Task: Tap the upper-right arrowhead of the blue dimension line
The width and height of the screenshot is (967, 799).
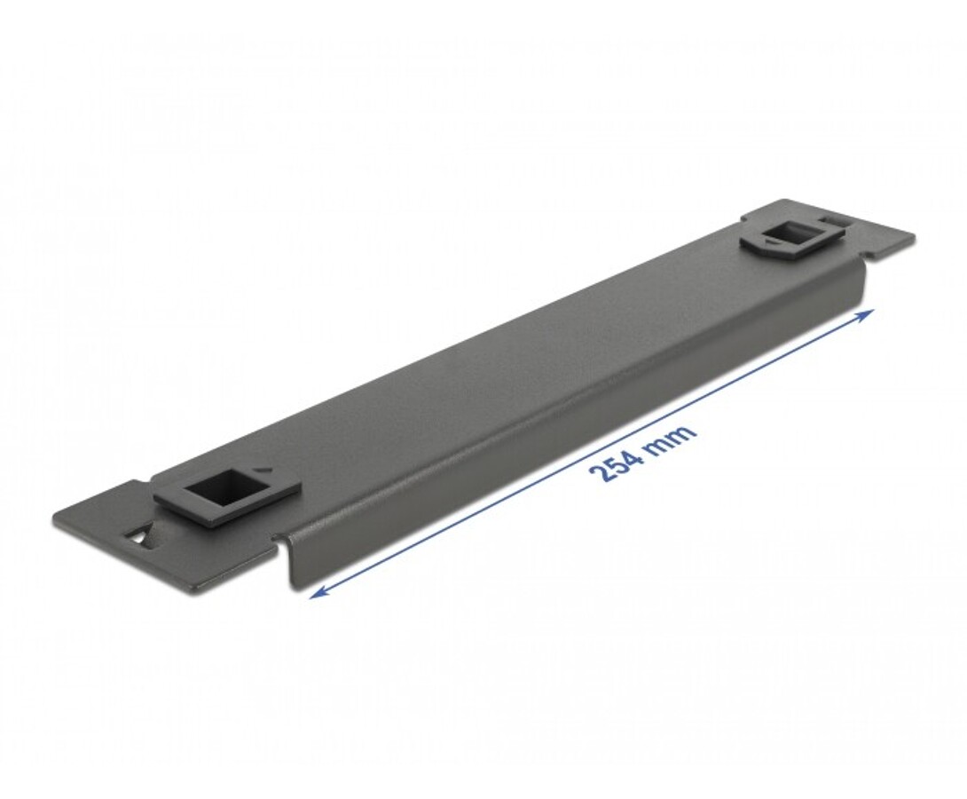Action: click(866, 314)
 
